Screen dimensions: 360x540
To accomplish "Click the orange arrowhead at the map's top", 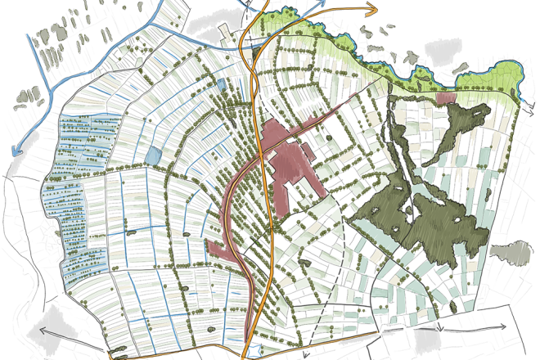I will pyautogui.click(x=373, y=9).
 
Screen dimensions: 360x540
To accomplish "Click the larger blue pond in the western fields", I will pyautogui.click(x=153, y=154).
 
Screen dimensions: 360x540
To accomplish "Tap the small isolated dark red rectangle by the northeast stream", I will pyautogui.click(x=446, y=97).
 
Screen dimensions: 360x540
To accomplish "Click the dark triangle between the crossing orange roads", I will pyautogui.click(x=251, y=46).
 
